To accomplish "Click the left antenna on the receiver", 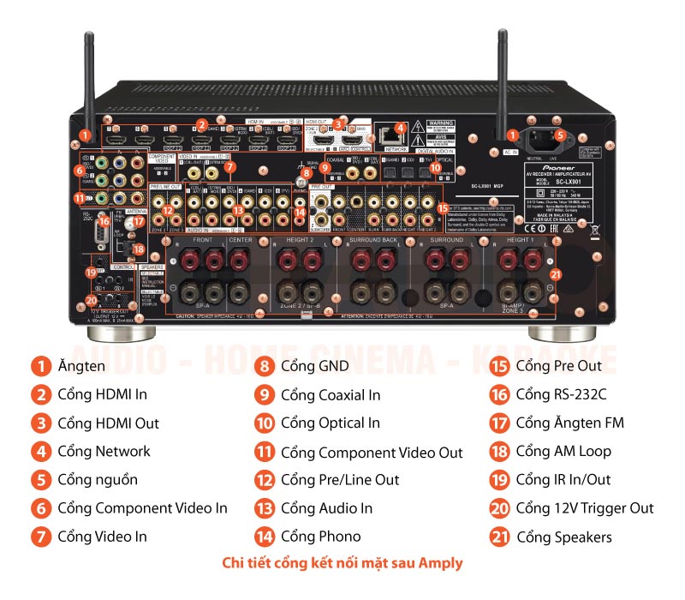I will [x=88, y=77].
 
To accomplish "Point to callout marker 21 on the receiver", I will [x=555, y=274].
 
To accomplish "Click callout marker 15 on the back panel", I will [x=442, y=207].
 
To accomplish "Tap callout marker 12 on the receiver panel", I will [x=169, y=210].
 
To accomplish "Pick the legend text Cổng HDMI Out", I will [x=108, y=423].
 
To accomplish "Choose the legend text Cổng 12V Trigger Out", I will [x=584, y=508].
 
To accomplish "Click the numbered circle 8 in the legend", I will [x=265, y=367].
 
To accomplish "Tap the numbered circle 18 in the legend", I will [x=499, y=452].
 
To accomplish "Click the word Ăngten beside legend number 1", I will [x=81, y=367].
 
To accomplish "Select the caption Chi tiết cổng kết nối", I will [x=342, y=563].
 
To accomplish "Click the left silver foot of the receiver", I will [x=128, y=332].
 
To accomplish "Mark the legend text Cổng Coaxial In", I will [x=331, y=395].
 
